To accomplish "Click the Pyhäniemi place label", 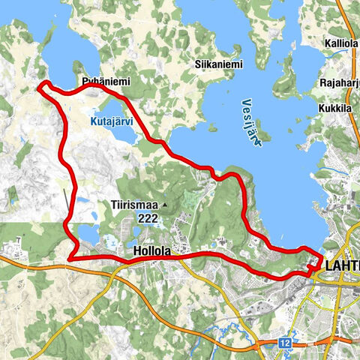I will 101,78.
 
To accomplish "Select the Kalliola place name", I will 341,43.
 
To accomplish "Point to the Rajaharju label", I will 338,83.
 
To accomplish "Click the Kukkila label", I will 337,107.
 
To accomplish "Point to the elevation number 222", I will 147,218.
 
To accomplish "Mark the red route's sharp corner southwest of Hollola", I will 70,259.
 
